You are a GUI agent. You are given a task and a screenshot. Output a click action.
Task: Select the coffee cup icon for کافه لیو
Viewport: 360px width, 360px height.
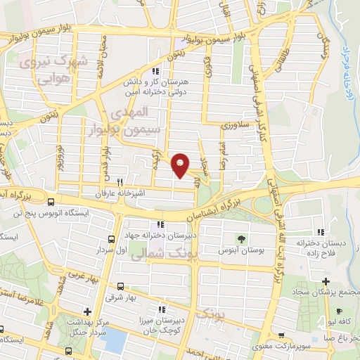[x=340, y=311]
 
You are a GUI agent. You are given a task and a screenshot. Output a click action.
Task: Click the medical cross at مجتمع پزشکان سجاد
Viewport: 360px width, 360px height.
[x=326, y=281]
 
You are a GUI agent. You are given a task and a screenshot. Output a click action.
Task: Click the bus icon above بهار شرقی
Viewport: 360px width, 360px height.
[x=120, y=286]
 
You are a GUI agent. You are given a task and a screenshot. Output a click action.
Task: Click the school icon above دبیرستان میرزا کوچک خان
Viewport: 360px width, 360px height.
[x=161, y=309]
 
